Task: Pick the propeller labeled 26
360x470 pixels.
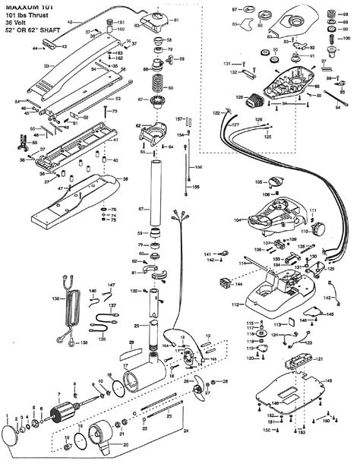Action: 198,389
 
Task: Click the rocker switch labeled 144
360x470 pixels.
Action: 226,285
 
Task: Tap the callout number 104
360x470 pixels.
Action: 237,219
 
